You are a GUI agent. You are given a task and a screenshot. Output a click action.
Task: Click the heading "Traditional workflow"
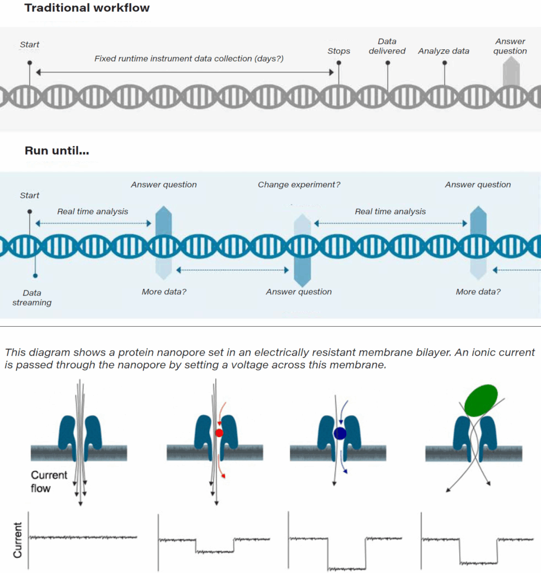tap(87, 8)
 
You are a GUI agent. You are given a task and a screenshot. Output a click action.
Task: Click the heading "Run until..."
tap(57, 151)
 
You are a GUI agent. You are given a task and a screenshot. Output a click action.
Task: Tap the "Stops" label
tap(338, 51)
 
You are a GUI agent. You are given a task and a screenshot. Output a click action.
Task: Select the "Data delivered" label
tap(387, 46)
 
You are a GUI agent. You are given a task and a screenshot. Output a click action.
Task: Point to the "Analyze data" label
tap(444, 51)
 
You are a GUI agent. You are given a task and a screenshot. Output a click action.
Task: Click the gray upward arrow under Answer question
tap(511, 73)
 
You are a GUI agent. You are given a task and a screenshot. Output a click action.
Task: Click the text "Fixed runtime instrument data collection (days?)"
tap(189, 58)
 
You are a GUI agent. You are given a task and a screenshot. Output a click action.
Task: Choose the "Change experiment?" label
tap(299, 185)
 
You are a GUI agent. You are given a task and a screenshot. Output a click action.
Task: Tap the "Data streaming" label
tap(32, 298)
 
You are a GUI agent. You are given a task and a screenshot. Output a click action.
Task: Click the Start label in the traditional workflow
tap(30, 45)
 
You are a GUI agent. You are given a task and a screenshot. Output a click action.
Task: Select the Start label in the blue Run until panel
tap(30, 195)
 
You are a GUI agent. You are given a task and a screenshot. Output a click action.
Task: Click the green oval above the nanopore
tap(481, 401)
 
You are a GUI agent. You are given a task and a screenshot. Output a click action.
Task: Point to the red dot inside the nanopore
tap(219, 433)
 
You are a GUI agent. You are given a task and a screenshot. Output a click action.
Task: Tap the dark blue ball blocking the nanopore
tap(339, 433)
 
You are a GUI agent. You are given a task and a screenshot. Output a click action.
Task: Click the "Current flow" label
tap(49, 482)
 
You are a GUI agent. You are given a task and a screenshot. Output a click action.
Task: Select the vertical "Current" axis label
tap(17, 540)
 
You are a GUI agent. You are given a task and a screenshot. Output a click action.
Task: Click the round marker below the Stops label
tap(338, 63)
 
